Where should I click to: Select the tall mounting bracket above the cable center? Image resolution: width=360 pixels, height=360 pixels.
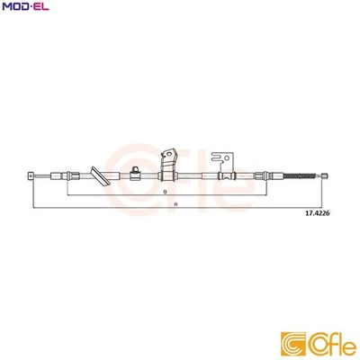click(167, 162)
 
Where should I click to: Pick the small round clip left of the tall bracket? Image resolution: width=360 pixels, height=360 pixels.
click(133, 170)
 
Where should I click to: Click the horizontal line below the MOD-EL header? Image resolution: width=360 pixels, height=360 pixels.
click(180, 16)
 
